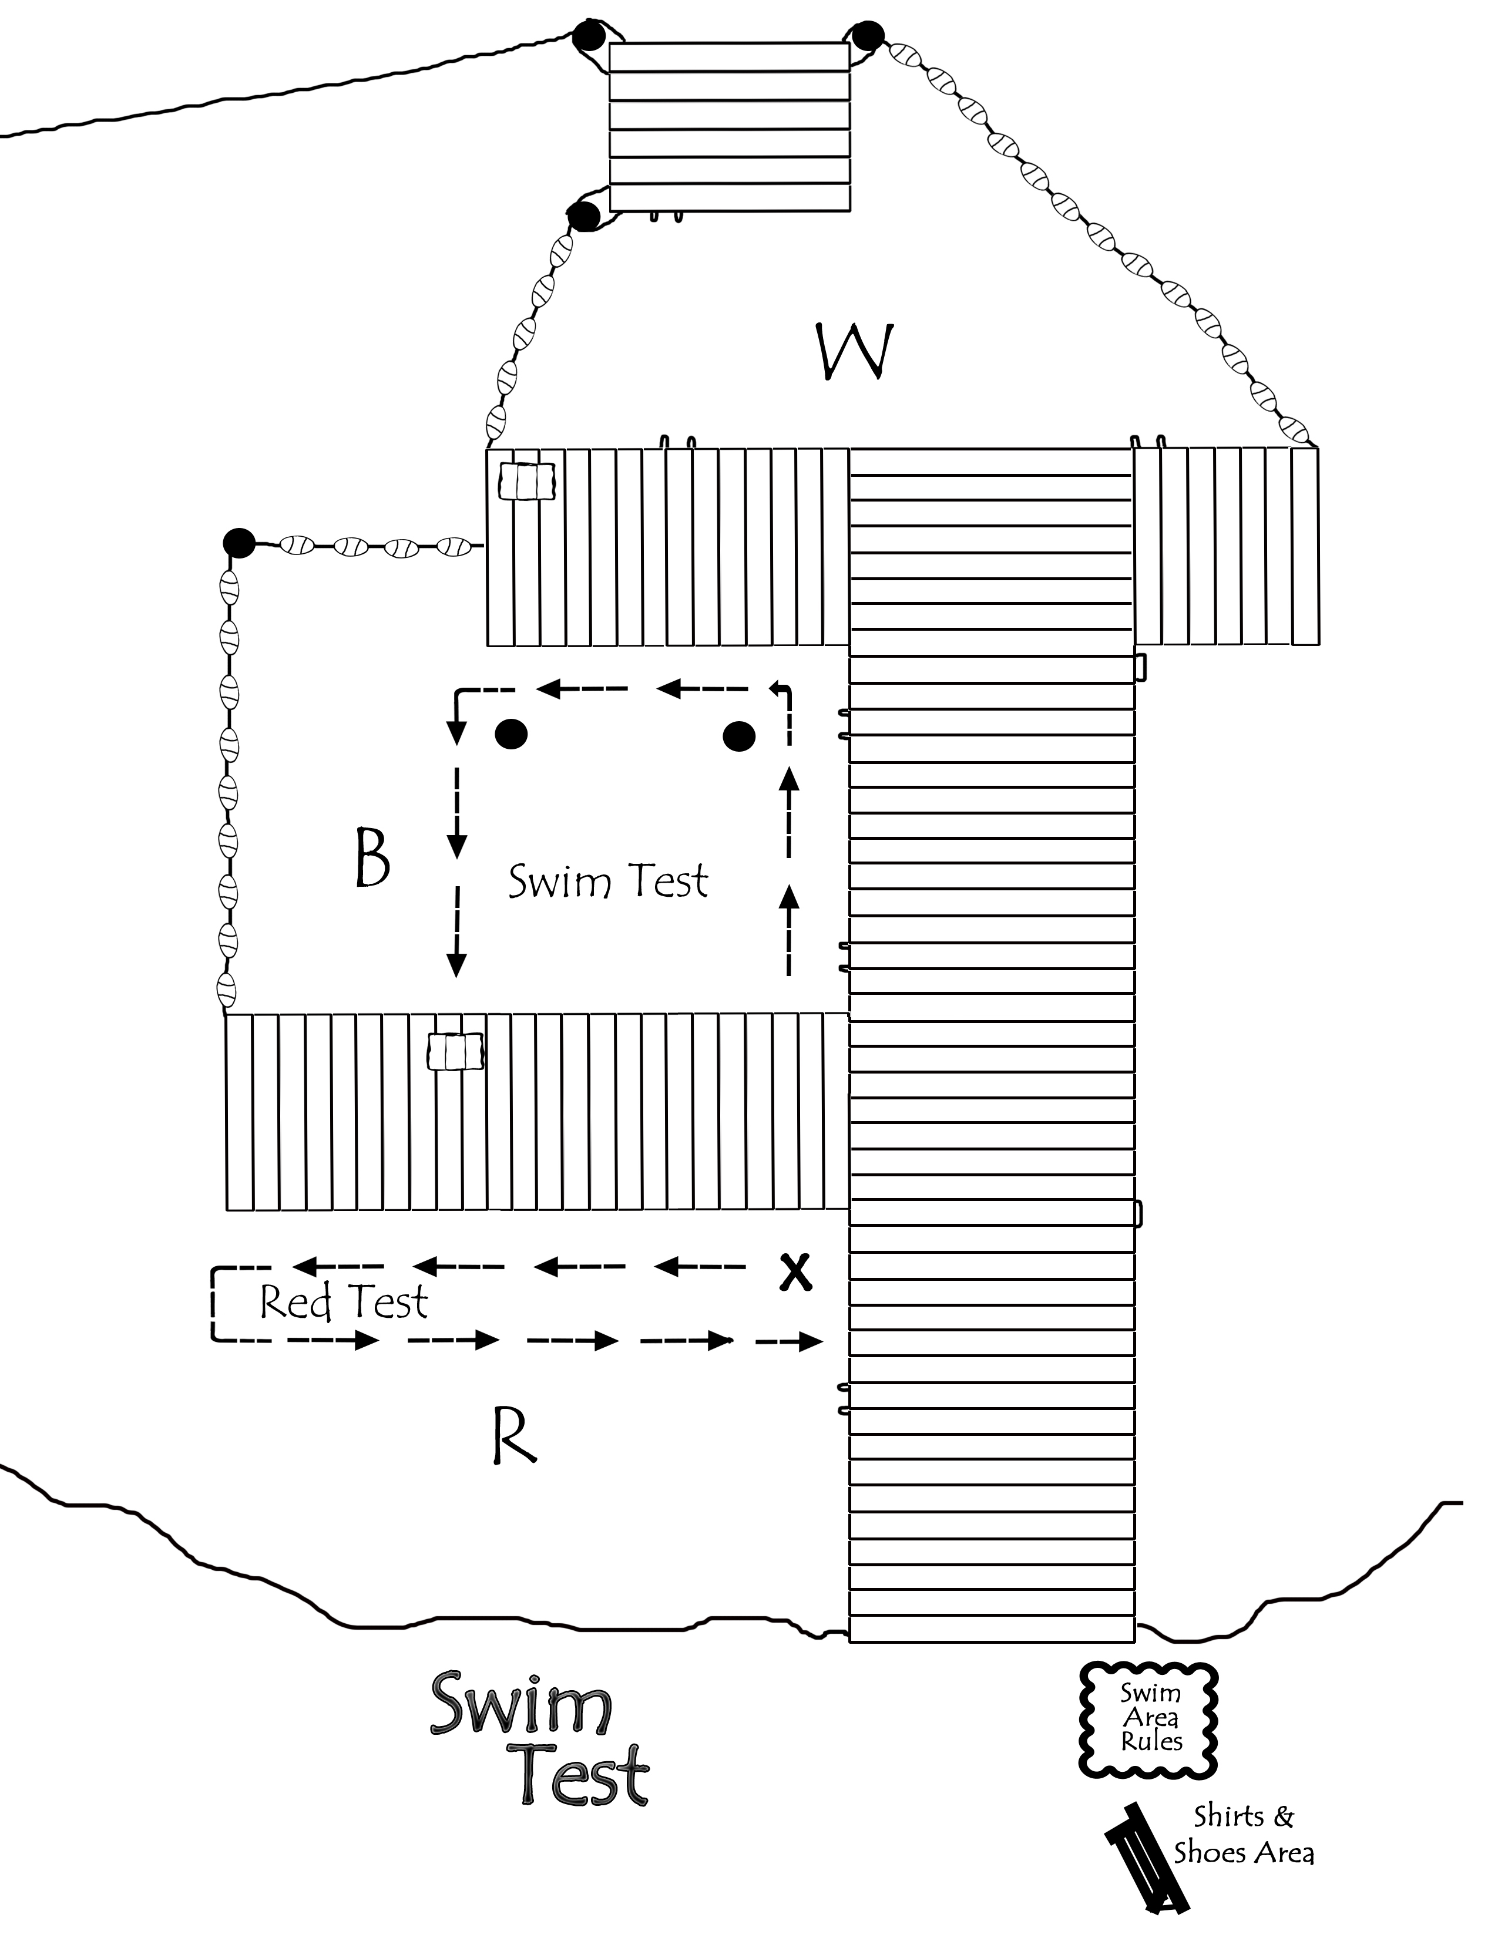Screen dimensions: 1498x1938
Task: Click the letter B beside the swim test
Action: click(x=372, y=857)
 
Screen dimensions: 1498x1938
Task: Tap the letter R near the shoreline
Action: click(x=514, y=1436)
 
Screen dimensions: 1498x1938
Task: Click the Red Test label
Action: click(x=344, y=1302)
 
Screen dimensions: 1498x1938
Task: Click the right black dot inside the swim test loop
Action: click(x=739, y=736)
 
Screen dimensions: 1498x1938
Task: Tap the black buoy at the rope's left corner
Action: click(x=239, y=542)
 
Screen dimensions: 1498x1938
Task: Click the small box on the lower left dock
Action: click(x=456, y=1052)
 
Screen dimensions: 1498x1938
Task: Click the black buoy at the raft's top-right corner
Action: click(x=867, y=36)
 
